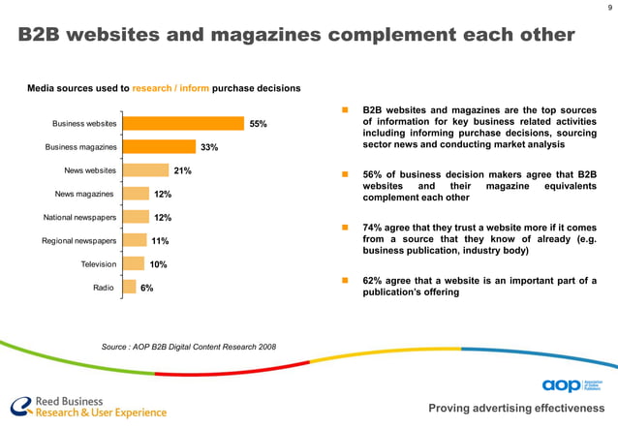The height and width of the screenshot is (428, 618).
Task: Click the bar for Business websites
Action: pos(183,123)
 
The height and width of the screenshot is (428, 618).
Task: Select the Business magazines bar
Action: pos(159,147)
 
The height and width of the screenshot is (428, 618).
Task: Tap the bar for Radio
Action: pos(130,287)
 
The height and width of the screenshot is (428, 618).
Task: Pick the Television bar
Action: pos(134,263)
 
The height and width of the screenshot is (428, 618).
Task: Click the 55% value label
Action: pos(258,124)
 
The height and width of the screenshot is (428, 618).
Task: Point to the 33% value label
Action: pos(209,147)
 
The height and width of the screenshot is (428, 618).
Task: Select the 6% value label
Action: pos(146,288)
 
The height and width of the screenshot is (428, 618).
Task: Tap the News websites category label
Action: pos(90,170)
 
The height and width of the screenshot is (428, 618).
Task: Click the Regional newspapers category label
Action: pos(77,240)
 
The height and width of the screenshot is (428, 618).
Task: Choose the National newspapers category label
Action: pos(77,217)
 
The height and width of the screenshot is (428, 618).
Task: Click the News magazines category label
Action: pos(87,194)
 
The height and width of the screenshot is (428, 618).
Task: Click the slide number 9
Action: pos(609,10)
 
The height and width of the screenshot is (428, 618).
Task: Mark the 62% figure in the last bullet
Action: pos(372,280)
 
